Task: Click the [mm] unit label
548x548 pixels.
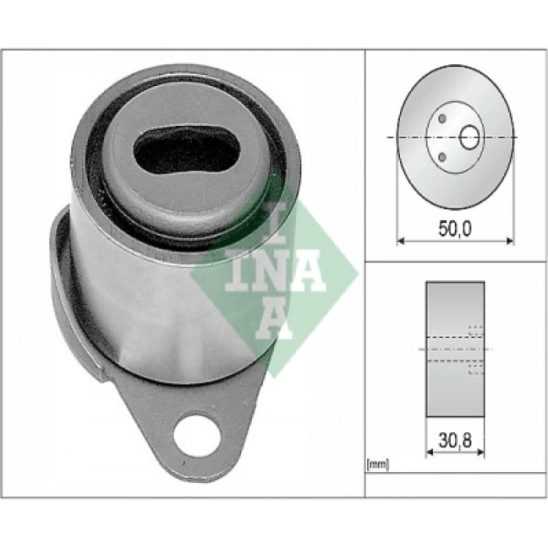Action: point(377,466)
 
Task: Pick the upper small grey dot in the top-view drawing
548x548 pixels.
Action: point(443,119)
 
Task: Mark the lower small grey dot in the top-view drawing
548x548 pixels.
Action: point(443,157)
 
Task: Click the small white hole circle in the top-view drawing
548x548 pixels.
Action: point(469,139)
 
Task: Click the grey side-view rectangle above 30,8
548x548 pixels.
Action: point(455,313)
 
